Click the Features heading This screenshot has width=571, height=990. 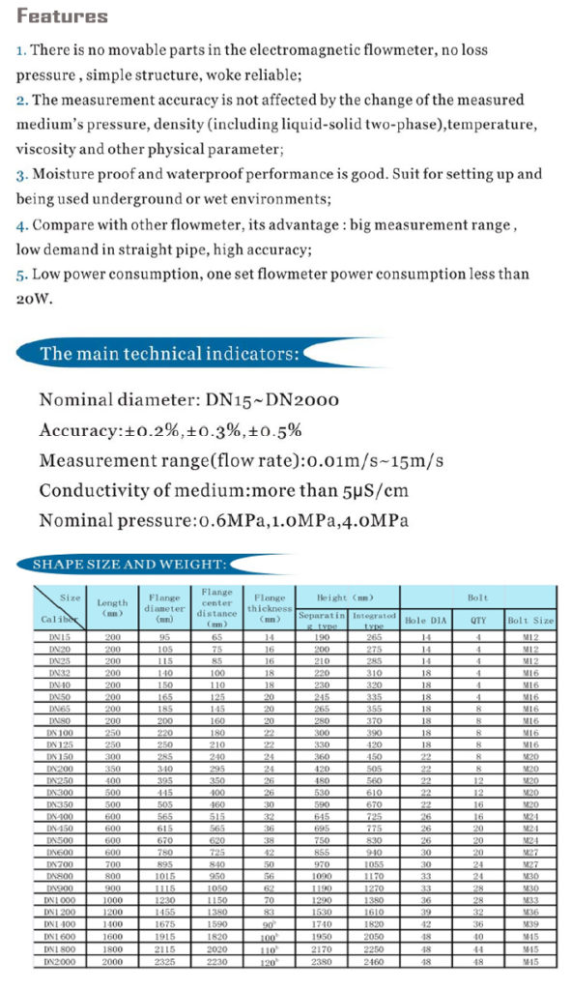pos(63,16)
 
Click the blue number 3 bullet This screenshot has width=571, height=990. pos(21,174)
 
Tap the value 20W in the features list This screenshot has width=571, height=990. pos(33,299)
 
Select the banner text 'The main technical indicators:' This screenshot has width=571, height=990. pos(169,353)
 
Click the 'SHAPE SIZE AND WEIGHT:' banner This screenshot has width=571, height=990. pos(129,564)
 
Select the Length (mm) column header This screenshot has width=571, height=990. pos(113,608)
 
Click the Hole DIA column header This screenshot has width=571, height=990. pos(425,620)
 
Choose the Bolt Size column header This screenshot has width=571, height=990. pos(530,620)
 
